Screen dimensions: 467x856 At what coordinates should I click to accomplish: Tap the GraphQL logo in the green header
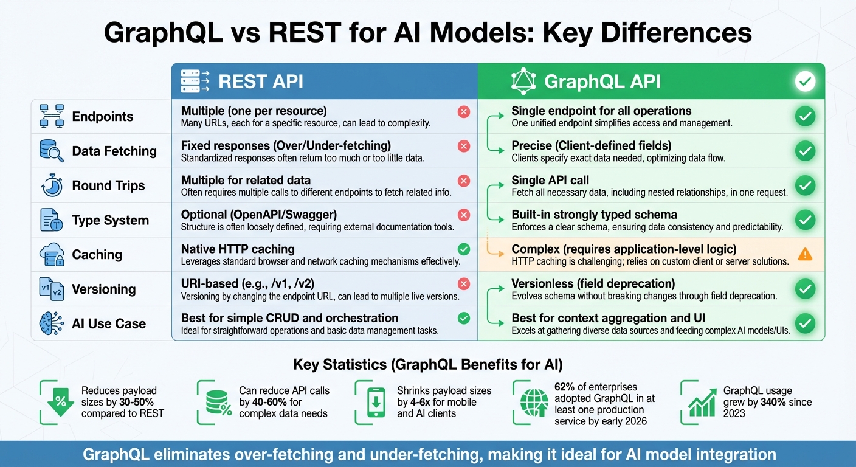[x=523, y=81]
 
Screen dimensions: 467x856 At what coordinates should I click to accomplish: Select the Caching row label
[x=97, y=254]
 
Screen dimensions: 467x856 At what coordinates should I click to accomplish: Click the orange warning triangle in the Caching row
[x=805, y=254]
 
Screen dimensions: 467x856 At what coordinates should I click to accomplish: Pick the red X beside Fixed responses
[x=464, y=146]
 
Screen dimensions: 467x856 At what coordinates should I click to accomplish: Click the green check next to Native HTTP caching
[x=464, y=249]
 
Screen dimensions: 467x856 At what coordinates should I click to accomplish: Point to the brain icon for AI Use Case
[x=52, y=323]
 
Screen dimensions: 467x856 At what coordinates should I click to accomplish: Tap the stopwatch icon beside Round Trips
[x=52, y=185]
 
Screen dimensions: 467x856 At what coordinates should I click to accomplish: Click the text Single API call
[x=550, y=180]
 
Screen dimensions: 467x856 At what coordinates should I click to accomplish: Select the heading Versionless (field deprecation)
[x=593, y=283]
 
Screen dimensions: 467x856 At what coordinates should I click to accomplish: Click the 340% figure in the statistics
[x=778, y=402]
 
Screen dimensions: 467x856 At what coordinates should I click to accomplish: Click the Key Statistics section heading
[x=427, y=365]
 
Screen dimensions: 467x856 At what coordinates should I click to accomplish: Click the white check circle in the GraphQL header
[x=805, y=81]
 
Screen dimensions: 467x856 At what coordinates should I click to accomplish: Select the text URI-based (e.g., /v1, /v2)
[x=247, y=283]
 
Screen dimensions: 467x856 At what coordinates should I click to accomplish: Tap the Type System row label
[x=110, y=220]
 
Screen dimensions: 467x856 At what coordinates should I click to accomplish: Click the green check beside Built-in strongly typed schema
[x=805, y=220]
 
